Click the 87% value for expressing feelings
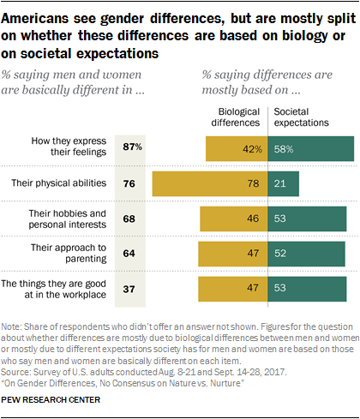(131, 147)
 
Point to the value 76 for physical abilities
(131, 183)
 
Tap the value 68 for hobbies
(131, 218)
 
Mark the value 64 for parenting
(131, 254)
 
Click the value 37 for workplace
(131, 289)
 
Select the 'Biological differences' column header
(237, 117)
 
